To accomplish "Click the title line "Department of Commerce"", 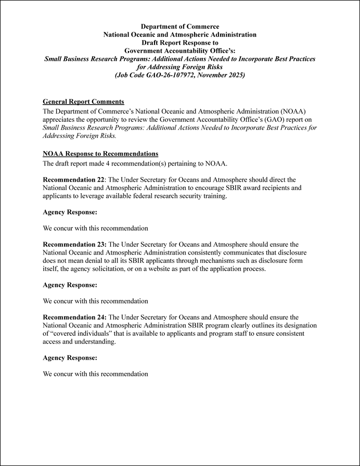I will tap(180, 27).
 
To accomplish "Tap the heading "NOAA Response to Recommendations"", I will tap(100, 154).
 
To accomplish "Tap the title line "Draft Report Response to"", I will tap(180, 43).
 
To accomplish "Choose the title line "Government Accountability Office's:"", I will tap(180, 51).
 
